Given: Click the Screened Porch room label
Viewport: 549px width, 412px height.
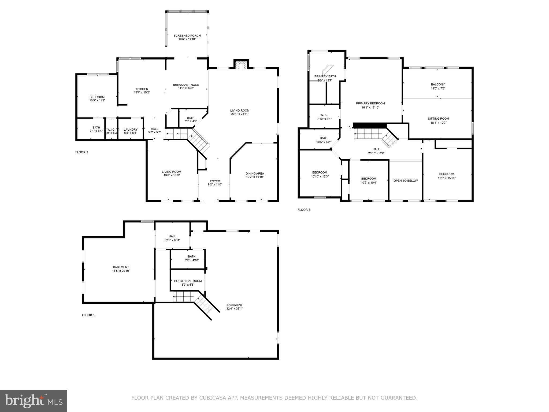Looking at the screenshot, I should (187, 36).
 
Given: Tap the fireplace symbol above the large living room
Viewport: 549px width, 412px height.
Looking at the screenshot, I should (242, 65).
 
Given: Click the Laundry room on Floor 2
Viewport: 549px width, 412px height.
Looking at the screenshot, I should (131, 130).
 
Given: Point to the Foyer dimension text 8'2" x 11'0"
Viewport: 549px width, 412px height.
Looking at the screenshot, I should (215, 185).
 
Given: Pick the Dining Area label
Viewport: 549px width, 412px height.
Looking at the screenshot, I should (255, 174).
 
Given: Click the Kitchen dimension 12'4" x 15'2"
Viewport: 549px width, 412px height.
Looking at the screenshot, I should (142, 93).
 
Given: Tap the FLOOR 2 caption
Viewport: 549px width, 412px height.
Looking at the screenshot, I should (81, 152).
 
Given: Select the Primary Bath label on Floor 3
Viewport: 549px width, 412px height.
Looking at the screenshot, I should (325, 76).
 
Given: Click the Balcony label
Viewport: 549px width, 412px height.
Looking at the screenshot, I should (438, 84).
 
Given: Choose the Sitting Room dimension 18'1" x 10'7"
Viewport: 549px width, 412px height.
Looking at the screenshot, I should (438, 123).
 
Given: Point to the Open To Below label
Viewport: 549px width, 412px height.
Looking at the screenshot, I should (405, 181).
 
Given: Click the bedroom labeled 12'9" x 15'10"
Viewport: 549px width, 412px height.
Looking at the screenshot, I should (446, 176).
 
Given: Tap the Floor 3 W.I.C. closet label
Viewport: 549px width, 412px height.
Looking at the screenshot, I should (324, 115).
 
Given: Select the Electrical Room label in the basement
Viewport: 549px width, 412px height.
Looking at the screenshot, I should (188, 281).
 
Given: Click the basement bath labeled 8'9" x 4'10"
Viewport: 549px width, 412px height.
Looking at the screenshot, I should (191, 258).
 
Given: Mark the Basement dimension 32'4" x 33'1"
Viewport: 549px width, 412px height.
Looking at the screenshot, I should (234, 309).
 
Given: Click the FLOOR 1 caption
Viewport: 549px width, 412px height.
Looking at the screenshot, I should (88, 315).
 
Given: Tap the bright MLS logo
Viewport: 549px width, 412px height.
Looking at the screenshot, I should (33, 401).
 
